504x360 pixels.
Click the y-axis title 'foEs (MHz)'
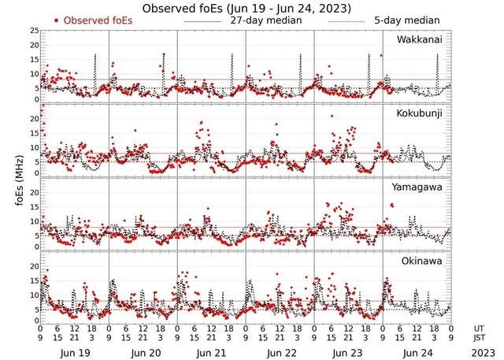coord(17,177)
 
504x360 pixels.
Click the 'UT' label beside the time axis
coord(480,327)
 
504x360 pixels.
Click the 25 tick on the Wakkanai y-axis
coord(33,31)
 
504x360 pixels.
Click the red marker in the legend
coord(57,20)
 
